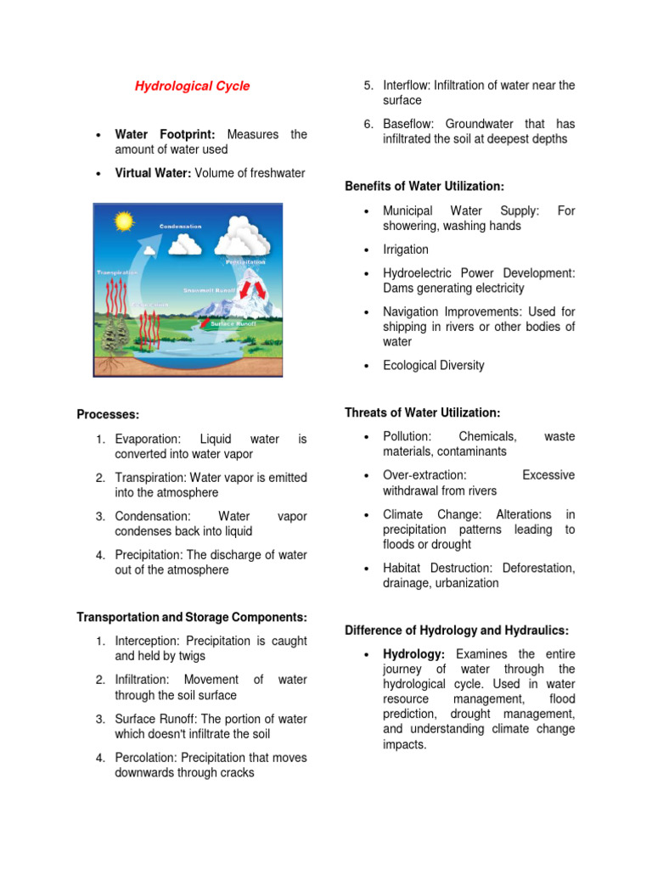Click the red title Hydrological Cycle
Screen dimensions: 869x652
pyautogui.click(x=193, y=87)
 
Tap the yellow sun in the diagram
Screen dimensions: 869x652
pyautogui.click(x=125, y=222)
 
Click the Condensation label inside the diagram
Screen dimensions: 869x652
pyautogui.click(x=180, y=227)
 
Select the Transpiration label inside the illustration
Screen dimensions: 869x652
pyautogui.click(x=117, y=272)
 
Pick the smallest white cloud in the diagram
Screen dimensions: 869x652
pyautogui.click(x=184, y=244)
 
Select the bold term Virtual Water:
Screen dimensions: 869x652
pyautogui.click(x=153, y=173)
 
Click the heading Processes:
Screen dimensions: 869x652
pyautogui.click(x=108, y=414)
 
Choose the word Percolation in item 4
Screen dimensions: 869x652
pyautogui.click(x=147, y=758)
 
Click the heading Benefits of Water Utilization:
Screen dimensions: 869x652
pyautogui.click(x=424, y=186)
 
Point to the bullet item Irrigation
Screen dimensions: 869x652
pyautogui.click(x=406, y=249)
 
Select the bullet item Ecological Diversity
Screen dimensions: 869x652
pyautogui.click(x=434, y=366)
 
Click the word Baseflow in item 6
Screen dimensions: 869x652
pyautogui.click(x=409, y=124)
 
